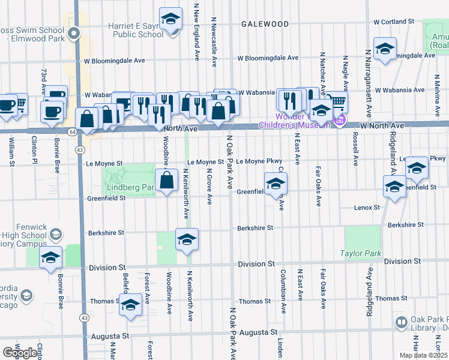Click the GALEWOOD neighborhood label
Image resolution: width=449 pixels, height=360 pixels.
tap(265, 24)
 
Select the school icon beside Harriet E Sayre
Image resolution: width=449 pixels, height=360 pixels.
tap(170, 19)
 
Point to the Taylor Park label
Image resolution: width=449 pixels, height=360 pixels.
tap(361, 253)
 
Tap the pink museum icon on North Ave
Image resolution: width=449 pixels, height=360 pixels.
tap(340, 120)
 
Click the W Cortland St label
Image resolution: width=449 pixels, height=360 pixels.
tap(394, 21)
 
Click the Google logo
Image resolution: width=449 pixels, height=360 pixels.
tap(20, 353)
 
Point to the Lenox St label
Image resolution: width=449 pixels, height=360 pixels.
tap(367, 207)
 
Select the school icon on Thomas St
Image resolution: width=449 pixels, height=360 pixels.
tap(130, 305)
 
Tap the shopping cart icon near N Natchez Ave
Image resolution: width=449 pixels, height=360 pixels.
tap(337, 102)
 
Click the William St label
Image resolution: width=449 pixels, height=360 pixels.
tap(11, 153)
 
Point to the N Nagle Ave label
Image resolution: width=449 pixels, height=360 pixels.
tap(345, 75)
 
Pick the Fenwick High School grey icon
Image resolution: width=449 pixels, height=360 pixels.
tap(56, 233)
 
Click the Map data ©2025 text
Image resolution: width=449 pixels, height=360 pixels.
tap(423, 355)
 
